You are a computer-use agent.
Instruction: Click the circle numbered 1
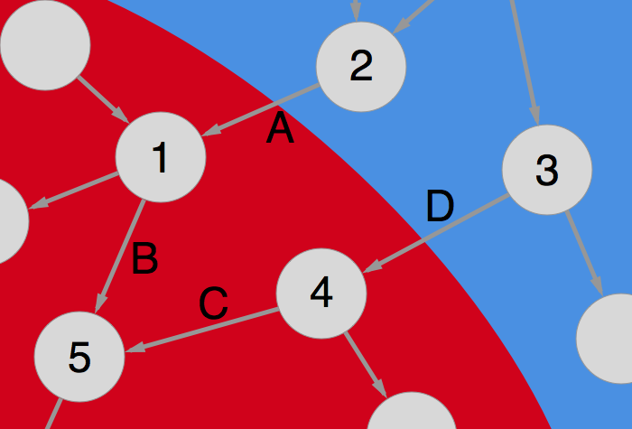pos(161,156)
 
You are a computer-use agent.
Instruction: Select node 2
pos(360,66)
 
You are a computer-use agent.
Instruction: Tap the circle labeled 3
pos(546,170)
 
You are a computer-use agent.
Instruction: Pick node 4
pos(321,293)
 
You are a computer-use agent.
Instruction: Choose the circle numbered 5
pos(79,358)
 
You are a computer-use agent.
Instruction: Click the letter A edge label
pos(280,129)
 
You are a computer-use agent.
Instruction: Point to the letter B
pos(144,259)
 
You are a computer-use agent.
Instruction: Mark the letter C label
pos(213,304)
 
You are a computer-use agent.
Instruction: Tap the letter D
pos(440,208)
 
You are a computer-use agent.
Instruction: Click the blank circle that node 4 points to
pos(411,415)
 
